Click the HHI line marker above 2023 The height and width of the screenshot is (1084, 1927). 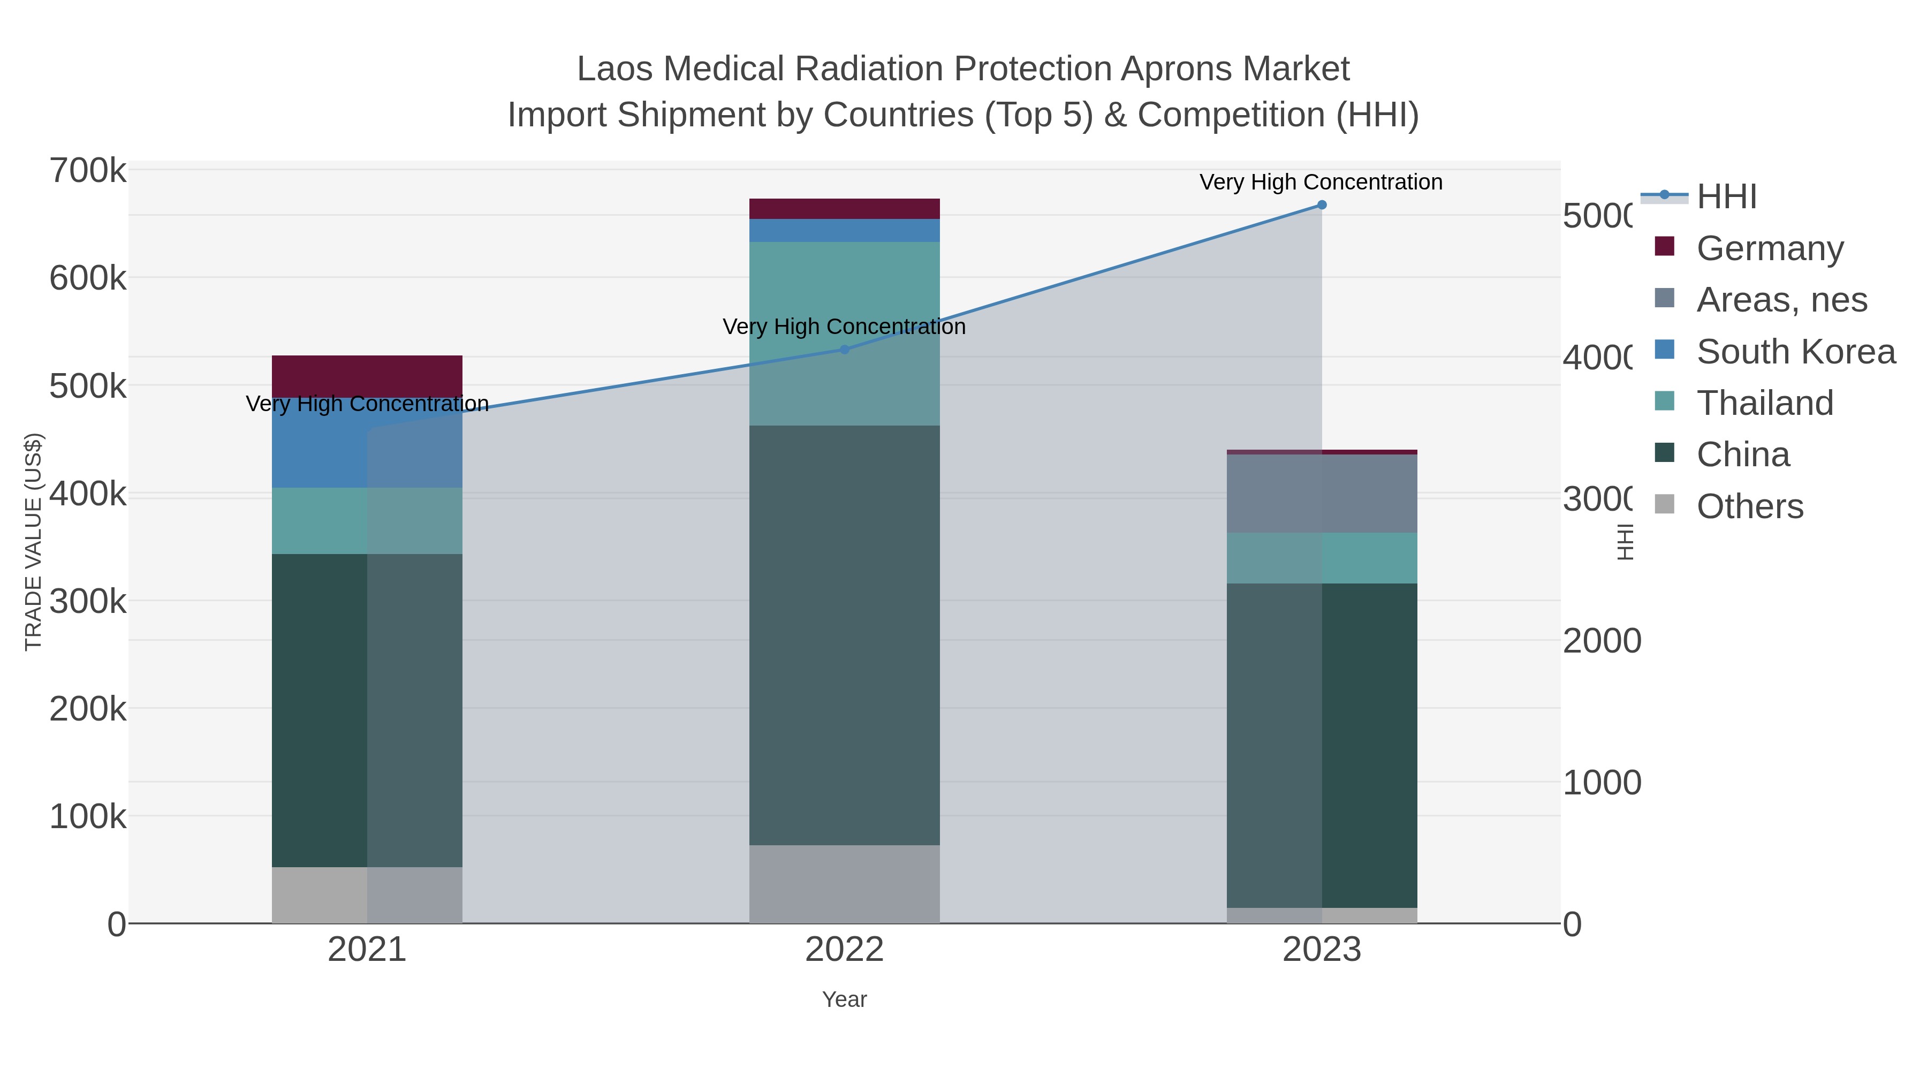tap(1322, 205)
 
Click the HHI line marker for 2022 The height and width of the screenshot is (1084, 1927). tap(845, 350)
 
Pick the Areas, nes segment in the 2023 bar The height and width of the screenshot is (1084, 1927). tap(1322, 494)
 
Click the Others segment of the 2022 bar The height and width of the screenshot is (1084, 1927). tap(845, 884)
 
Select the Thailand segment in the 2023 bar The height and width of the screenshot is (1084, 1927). tap(1322, 558)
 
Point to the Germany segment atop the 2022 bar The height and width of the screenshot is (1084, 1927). tap(845, 209)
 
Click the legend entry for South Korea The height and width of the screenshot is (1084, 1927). tap(1795, 352)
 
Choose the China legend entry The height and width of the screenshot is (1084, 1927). tap(1742, 455)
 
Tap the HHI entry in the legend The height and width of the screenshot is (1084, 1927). tap(1726, 197)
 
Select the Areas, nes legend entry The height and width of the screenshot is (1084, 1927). tap(1781, 300)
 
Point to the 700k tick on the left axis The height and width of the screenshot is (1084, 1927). tap(88, 171)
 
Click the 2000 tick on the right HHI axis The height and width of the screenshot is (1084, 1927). tap(1602, 641)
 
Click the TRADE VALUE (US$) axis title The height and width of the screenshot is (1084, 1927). tap(34, 542)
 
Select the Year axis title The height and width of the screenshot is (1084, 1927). tap(845, 999)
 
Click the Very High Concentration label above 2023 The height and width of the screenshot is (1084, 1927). tap(1321, 183)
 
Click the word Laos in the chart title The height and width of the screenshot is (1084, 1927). tap(614, 69)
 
